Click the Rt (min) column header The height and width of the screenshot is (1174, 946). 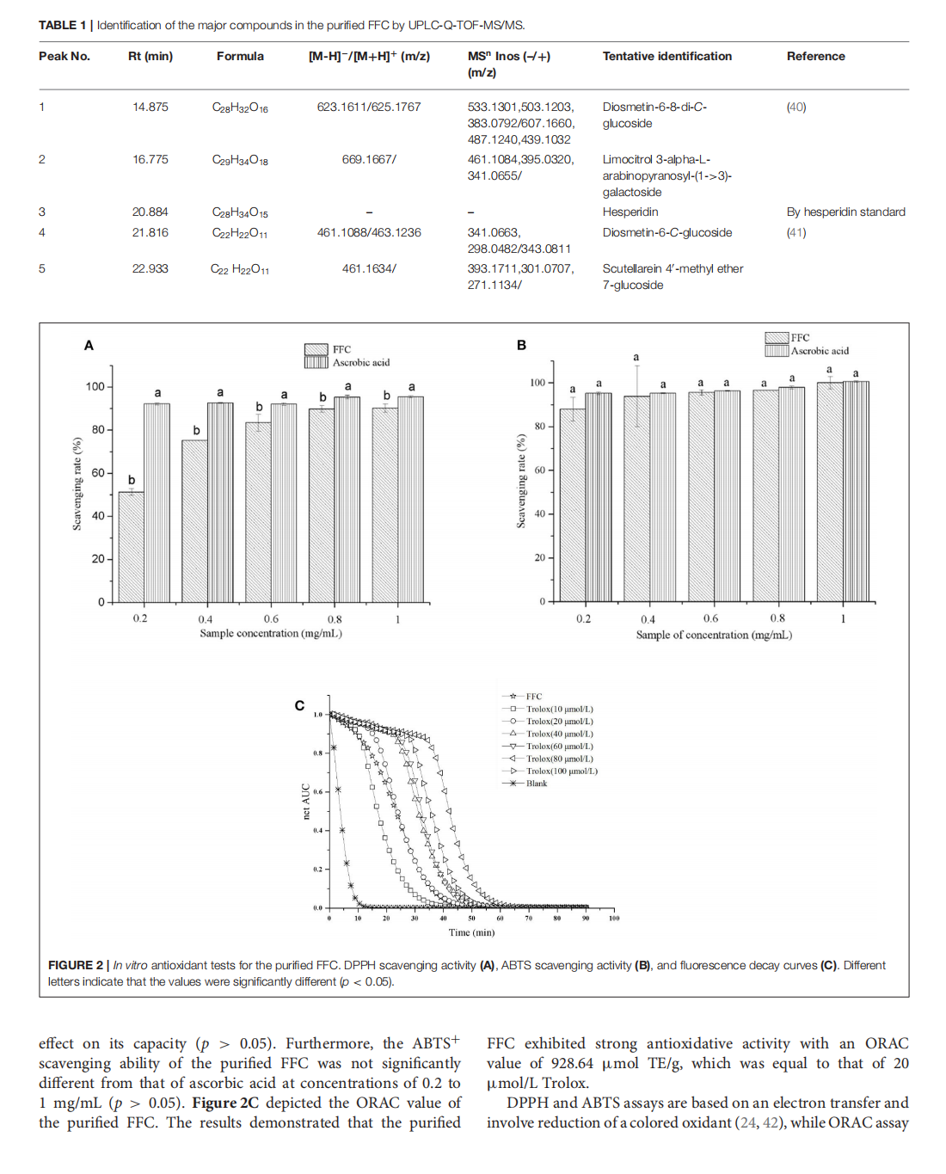[x=150, y=56]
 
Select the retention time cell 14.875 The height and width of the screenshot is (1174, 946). [x=150, y=107]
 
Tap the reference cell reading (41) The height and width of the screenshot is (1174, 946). [x=796, y=232]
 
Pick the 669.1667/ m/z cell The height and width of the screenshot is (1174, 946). [x=369, y=159]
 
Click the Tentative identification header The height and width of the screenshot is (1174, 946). [x=667, y=56]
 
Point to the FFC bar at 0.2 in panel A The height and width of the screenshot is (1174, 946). [x=131, y=546]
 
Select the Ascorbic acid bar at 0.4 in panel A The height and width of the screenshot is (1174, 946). [x=220, y=503]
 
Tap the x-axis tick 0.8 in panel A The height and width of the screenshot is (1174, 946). [x=335, y=619]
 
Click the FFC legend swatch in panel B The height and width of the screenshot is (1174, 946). [x=777, y=338]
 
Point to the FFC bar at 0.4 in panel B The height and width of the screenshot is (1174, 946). [x=636, y=499]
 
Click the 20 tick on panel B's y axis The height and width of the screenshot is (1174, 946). [x=539, y=557]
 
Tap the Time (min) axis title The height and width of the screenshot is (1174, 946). [x=471, y=932]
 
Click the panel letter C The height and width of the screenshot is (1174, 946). [x=299, y=706]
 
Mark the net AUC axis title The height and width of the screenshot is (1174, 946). [x=306, y=801]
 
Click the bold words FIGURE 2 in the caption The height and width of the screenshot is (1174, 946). [x=76, y=965]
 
